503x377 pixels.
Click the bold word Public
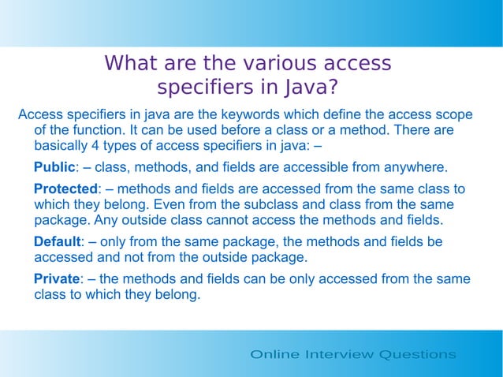click(x=54, y=167)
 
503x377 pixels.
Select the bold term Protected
click(x=65, y=189)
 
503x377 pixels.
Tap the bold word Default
click(x=57, y=241)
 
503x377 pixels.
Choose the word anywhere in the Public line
click(x=415, y=167)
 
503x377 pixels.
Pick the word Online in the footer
click(x=274, y=355)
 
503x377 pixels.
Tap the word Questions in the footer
click(x=418, y=355)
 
